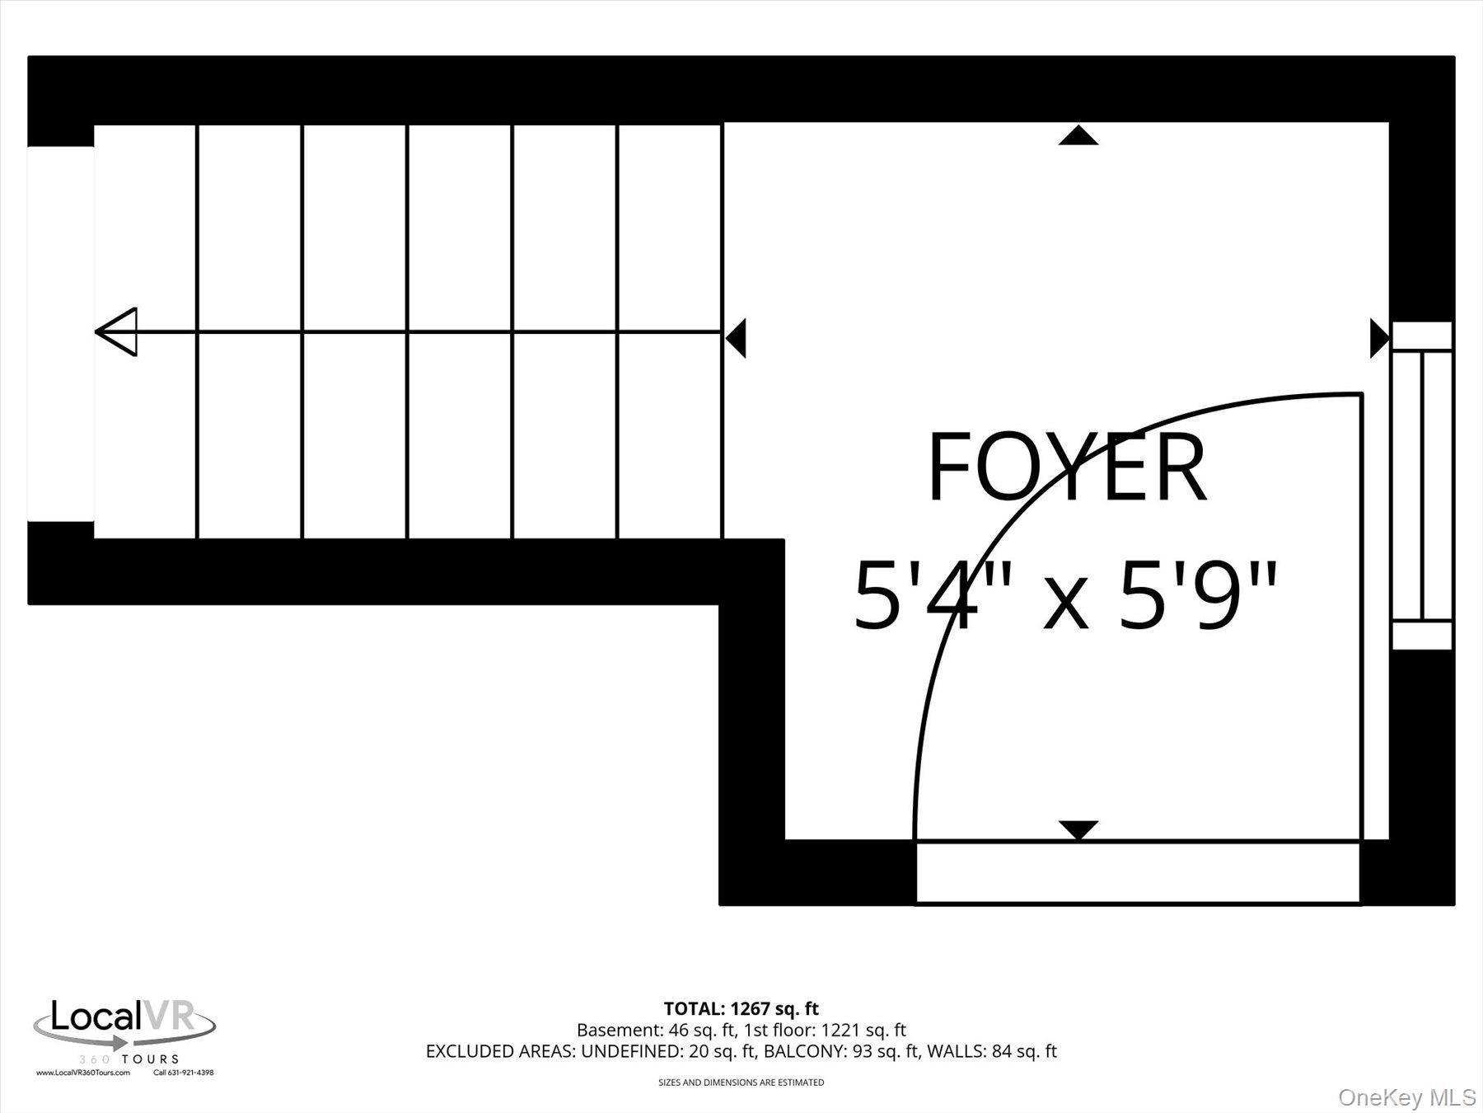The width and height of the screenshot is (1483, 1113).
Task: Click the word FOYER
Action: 1067,468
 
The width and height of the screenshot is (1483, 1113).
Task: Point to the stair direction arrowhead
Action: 118,332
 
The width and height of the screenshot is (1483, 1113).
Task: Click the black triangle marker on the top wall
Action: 1078,136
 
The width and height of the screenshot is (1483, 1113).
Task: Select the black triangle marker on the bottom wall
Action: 1078,829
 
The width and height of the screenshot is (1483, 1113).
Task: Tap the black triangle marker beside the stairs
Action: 737,338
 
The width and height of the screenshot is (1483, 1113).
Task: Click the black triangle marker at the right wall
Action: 1379,338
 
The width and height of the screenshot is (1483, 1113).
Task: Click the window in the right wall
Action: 1422,486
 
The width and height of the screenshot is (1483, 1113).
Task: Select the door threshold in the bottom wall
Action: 1137,873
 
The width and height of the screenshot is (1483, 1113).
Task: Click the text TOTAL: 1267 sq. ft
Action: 741,1008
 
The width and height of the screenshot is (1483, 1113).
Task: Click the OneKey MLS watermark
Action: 1406,1097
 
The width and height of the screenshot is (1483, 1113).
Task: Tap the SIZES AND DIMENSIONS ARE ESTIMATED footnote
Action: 741,1082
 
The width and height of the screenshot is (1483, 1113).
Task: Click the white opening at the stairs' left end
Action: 60,334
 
